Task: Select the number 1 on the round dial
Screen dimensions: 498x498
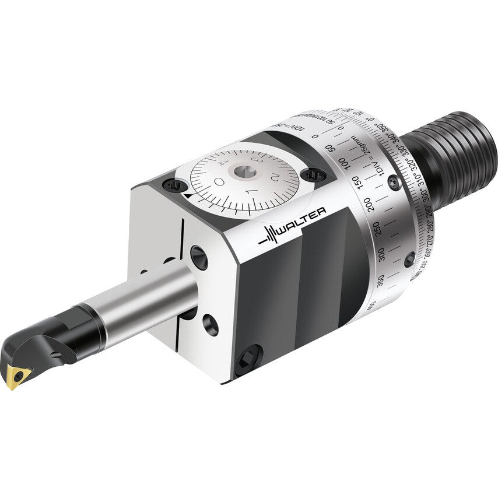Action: pos(251,192)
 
